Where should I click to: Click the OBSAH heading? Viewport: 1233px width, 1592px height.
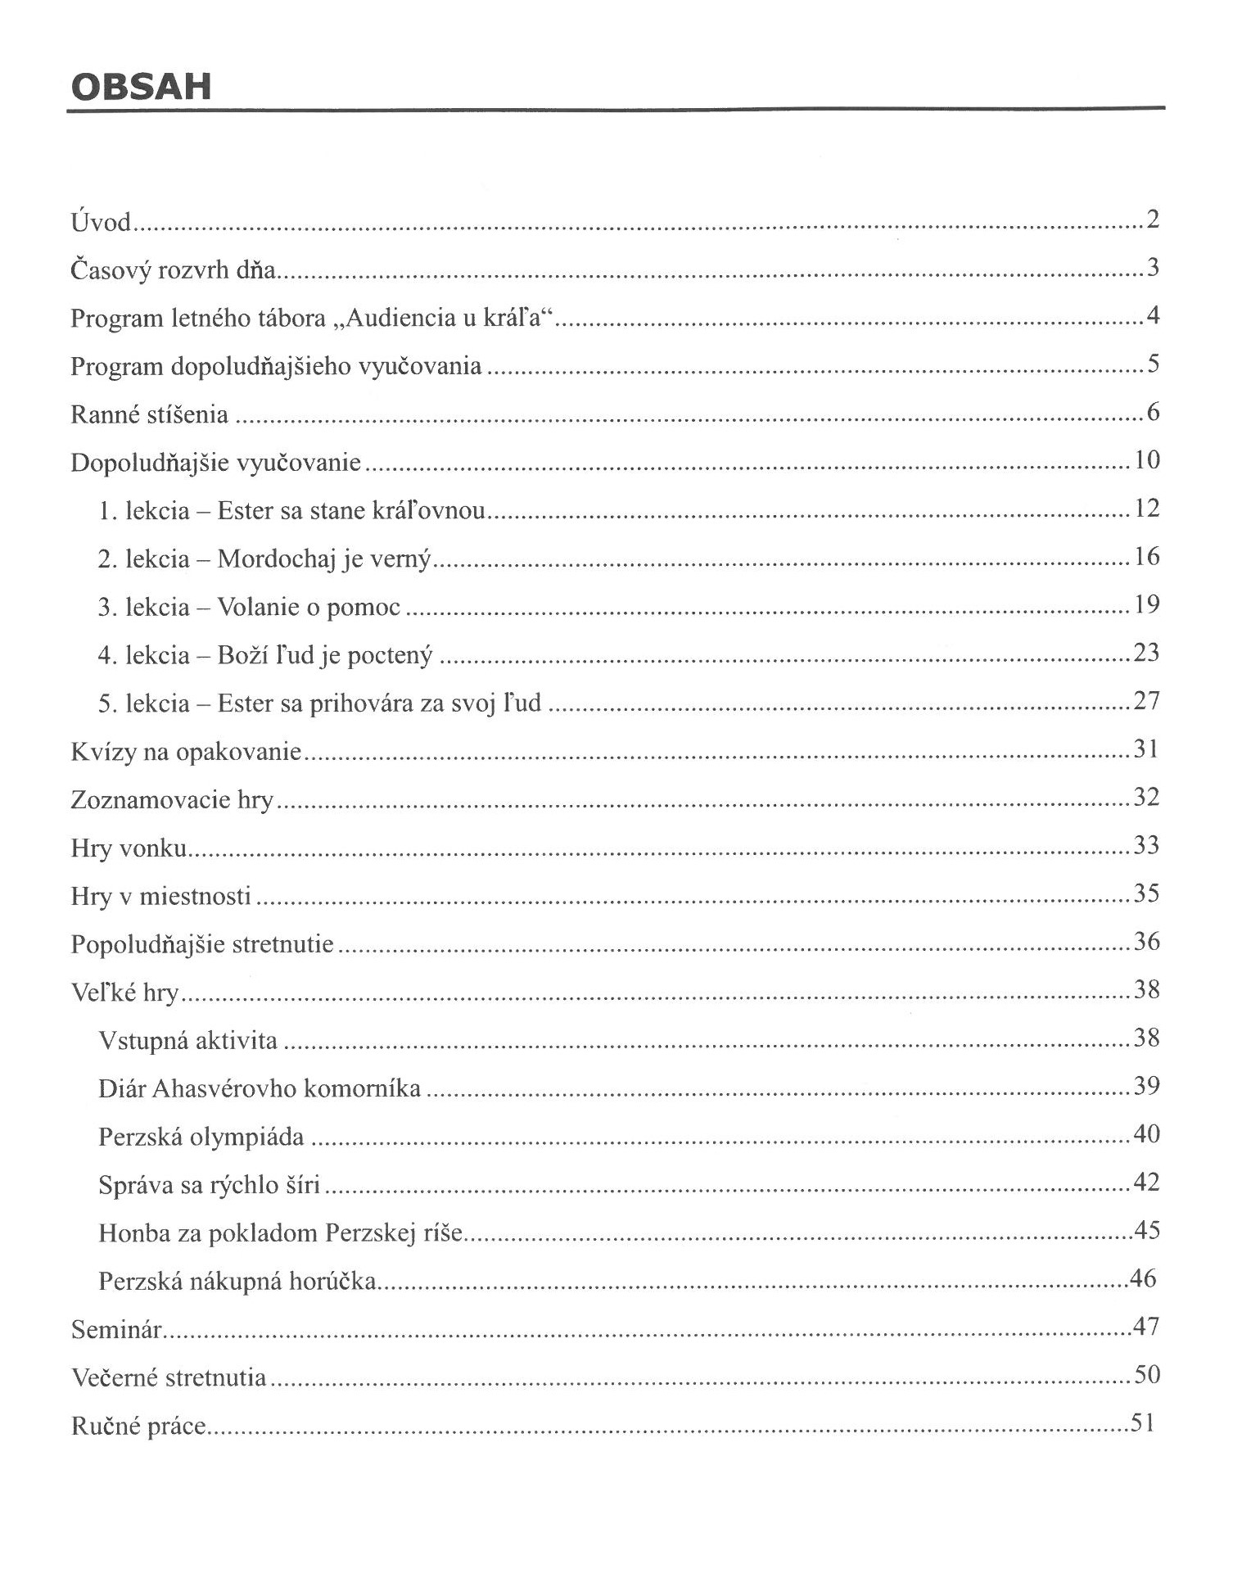(x=141, y=87)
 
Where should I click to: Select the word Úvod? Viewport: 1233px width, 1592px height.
(x=101, y=222)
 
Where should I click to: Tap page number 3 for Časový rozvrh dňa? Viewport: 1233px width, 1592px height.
(x=1153, y=268)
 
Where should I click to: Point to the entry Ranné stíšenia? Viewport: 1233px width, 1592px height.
(x=149, y=414)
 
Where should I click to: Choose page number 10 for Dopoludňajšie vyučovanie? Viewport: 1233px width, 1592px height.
(x=1147, y=460)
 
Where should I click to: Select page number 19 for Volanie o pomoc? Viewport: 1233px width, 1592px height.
(x=1147, y=605)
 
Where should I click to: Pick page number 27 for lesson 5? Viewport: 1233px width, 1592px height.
(x=1146, y=701)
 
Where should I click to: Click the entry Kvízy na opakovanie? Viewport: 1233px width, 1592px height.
(x=186, y=752)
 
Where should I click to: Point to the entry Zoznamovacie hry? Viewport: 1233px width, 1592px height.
(x=172, y=799)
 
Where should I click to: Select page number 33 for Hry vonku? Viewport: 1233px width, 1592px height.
(x=1146, y=845)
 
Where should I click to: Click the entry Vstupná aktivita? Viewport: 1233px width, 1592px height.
(x=187, y=1041)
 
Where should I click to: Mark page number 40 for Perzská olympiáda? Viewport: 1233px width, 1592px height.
(x=1146, y=1135)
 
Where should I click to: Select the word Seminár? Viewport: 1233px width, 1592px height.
(x=116, y=1329)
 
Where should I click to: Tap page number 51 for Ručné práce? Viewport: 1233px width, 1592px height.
(x=1143, y=1424)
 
